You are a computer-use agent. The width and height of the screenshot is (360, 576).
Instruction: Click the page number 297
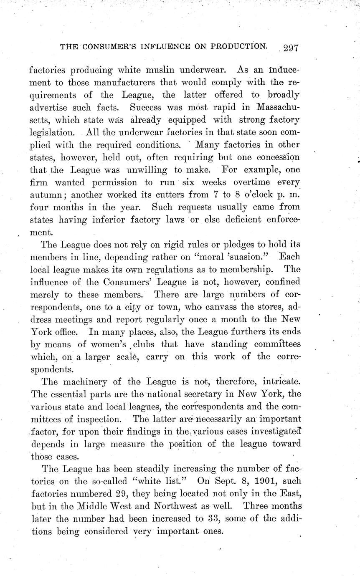(x=290, y=47)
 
